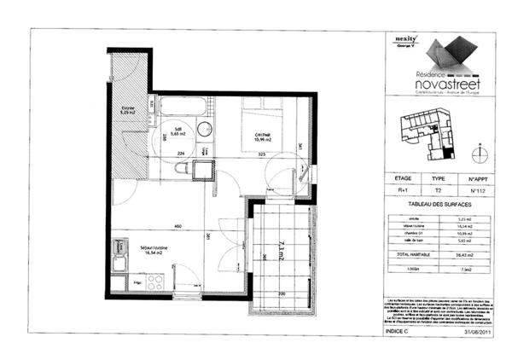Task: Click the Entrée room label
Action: point(128,111)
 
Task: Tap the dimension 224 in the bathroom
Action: point(180,154)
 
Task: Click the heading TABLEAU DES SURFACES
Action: point(438,206)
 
